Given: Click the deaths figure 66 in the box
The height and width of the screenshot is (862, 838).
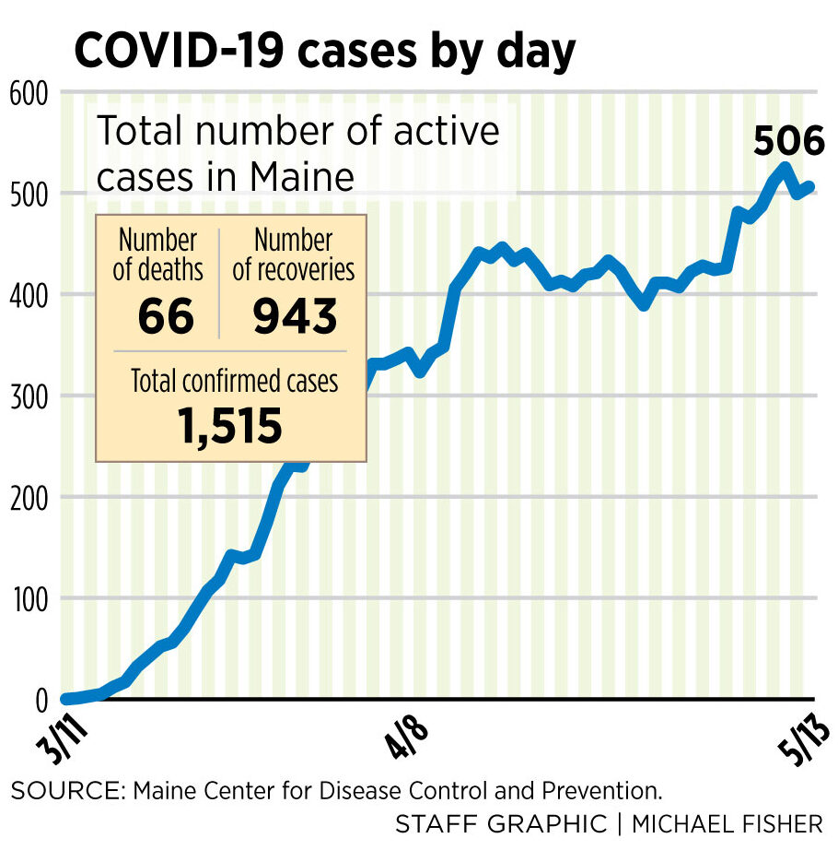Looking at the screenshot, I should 166,316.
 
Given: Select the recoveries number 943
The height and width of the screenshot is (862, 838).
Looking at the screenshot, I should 294,316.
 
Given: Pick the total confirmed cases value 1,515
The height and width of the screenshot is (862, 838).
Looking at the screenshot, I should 230,426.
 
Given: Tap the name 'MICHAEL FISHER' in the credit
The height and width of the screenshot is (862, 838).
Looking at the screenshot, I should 727,823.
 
